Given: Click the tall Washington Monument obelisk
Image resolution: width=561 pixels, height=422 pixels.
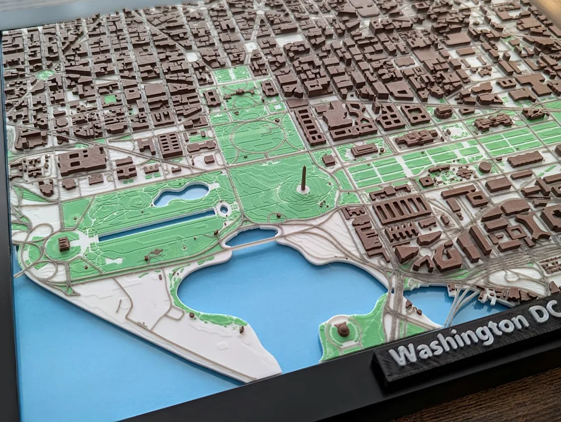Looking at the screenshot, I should [x=304, y=178].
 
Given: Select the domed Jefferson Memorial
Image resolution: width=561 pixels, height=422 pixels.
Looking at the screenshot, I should [x=343, y=329].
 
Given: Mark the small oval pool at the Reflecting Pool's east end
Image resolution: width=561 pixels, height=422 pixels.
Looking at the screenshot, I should [x=224, y=209].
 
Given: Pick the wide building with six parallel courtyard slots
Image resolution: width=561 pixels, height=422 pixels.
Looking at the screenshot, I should [x=402, y=209].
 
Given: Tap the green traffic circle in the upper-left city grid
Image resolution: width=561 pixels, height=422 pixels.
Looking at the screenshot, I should [x=45, y=74].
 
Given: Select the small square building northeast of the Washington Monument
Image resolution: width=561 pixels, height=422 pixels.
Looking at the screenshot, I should [x=329, y=159].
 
